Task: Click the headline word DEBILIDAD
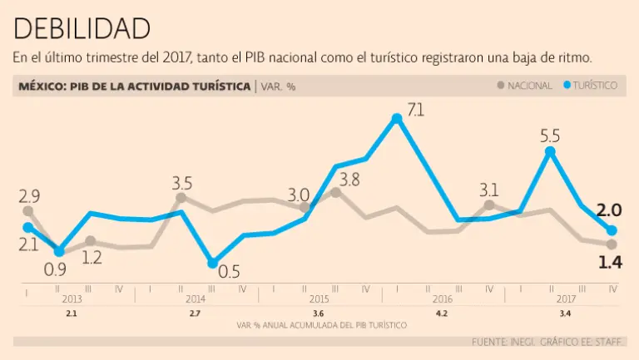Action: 82,27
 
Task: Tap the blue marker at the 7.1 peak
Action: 397,118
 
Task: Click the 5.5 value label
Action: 550,136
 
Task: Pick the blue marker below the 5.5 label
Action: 550,152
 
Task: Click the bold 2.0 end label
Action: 610,210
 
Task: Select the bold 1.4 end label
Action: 611,263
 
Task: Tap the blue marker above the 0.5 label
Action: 212,263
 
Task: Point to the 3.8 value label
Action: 349,179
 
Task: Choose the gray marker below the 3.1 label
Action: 489,205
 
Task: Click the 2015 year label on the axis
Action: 319,298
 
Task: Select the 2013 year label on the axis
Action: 72,298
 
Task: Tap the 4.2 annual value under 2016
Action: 442,313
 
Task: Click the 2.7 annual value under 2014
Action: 195,313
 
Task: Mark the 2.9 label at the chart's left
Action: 29,197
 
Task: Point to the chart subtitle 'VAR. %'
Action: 279,86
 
